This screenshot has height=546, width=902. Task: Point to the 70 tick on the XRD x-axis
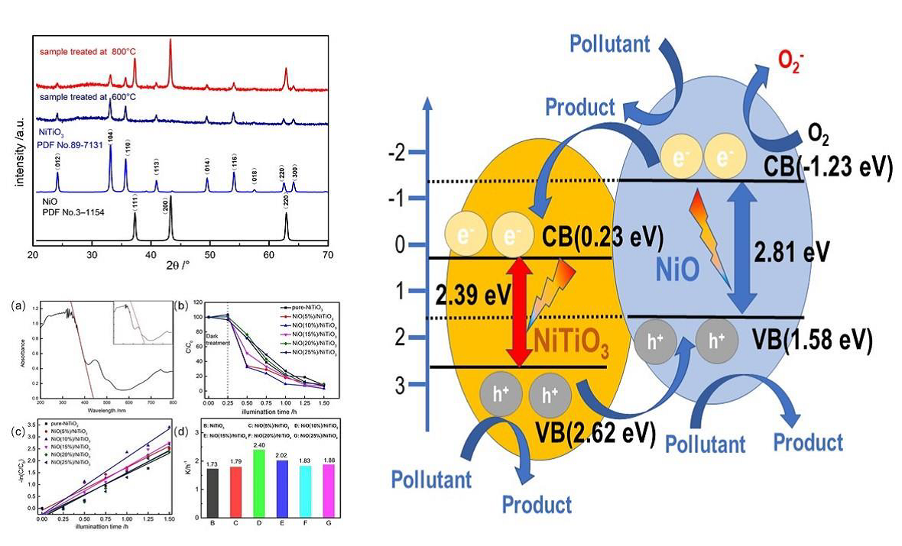coord(328,254)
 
